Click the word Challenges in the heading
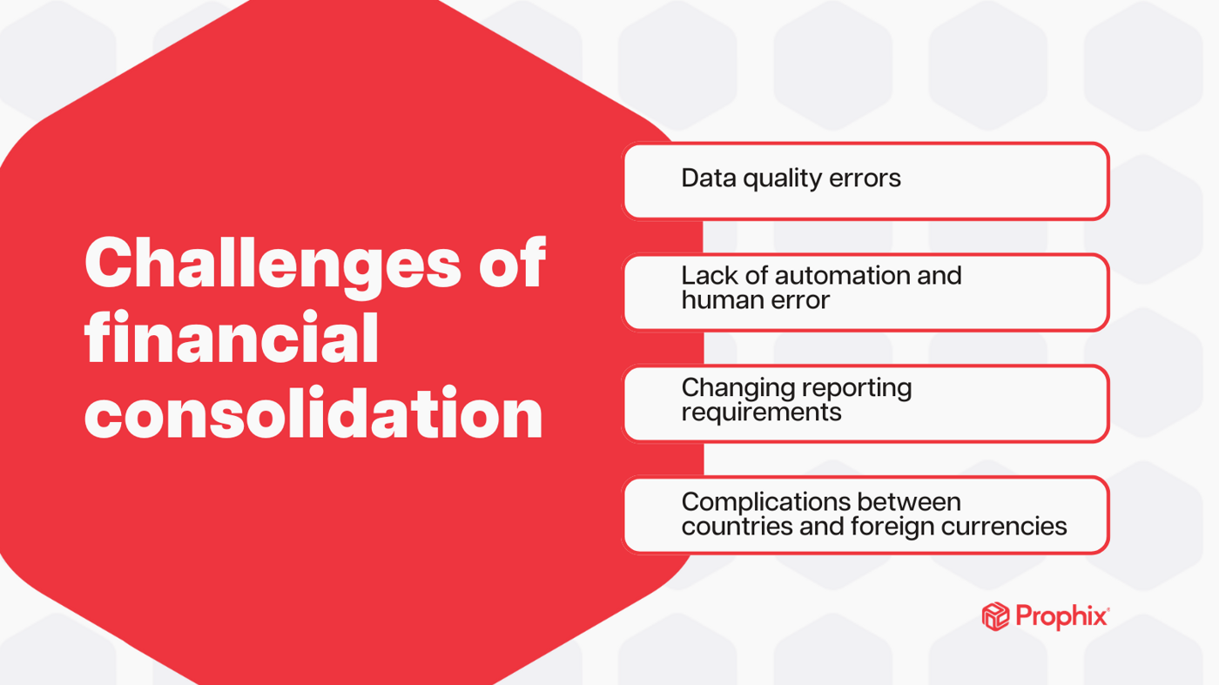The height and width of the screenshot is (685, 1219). click(273, 263)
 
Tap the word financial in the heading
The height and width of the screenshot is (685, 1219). click(232, 338)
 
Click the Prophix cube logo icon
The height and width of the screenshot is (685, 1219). click(995, 616)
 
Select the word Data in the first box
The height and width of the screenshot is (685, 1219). click(708, 178)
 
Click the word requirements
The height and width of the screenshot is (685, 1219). click(761, 412)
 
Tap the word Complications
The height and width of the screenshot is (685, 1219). click(765, 502)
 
